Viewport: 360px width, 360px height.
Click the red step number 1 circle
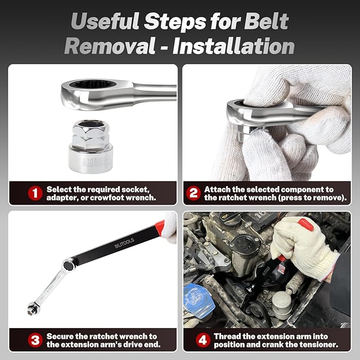(35, 193)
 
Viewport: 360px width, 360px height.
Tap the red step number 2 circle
(194, 193)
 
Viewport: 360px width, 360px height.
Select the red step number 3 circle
(35, 340)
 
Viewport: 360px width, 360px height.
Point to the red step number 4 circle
(203, 340)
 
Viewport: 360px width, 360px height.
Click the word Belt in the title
(266, 21)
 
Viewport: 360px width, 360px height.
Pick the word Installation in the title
(233, 46)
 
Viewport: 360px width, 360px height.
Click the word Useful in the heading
(105, 21)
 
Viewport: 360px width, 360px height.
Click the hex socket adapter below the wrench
(91, 146)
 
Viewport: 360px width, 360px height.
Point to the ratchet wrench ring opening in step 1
(92, 84)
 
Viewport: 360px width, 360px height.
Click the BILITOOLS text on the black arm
(124, 243)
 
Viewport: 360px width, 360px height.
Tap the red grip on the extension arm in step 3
(160, 228)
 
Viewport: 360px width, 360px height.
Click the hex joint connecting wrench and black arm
(69, 265)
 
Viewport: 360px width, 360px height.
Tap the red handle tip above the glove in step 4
(305, 225)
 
